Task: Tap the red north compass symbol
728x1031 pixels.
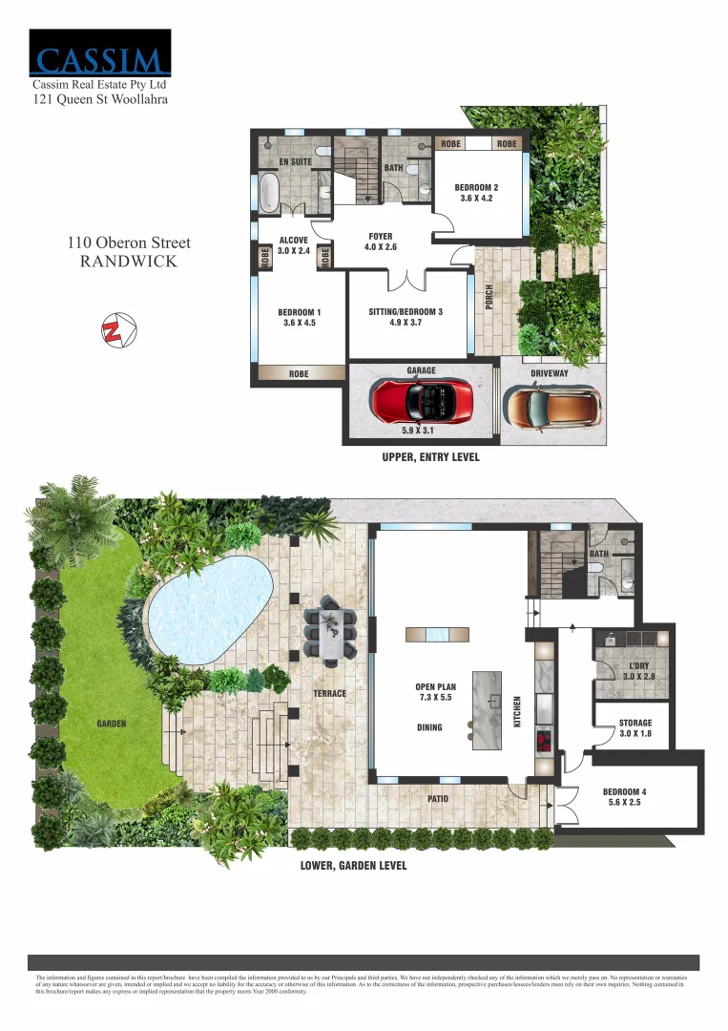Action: pos(114,328)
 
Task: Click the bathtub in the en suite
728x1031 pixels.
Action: pos(269,193)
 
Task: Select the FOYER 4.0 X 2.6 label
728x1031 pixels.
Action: pos(380,242)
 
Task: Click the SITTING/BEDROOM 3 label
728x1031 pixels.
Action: pos(406,318)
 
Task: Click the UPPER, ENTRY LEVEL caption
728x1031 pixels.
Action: pos(430,458)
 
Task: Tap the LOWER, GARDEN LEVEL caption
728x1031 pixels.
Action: pos(353,866)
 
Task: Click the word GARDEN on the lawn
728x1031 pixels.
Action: pos(112,724)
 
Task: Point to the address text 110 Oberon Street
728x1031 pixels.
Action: pos(129,243)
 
